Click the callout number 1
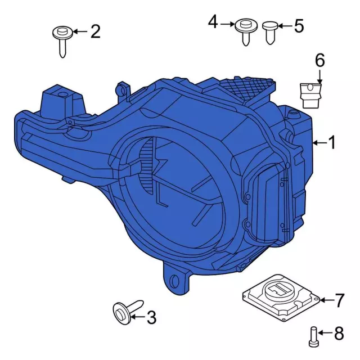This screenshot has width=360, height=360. [x=331, y=143]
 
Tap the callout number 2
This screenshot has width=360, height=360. [x=95, y=31]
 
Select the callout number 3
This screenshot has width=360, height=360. [x=151, y=318]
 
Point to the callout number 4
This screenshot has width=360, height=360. [x=213, y=22]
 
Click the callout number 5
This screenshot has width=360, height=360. [x=298, y=26]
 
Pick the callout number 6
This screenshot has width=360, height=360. [x=319, y=60]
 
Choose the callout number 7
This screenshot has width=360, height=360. [x=339, y=301]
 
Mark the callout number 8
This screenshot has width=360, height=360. [x=339, y=334]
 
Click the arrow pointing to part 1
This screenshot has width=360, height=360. [x=318, y=143]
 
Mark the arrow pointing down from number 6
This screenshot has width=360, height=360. [x=319, y=76]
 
